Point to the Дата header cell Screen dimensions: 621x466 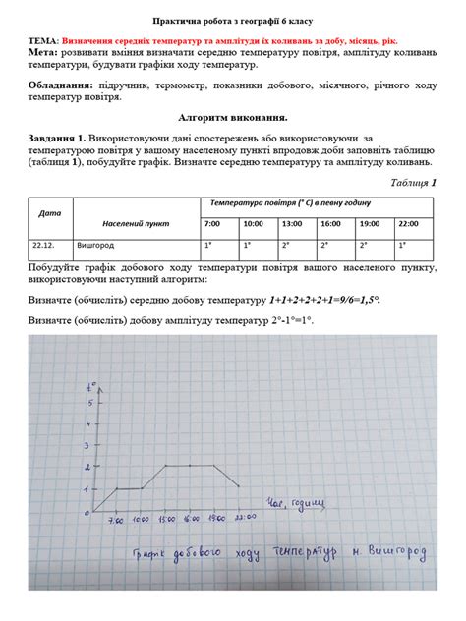coord(49,212)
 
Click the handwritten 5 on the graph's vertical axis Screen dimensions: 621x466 coord(89,402)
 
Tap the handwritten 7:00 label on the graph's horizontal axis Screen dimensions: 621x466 coord(115,519)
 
